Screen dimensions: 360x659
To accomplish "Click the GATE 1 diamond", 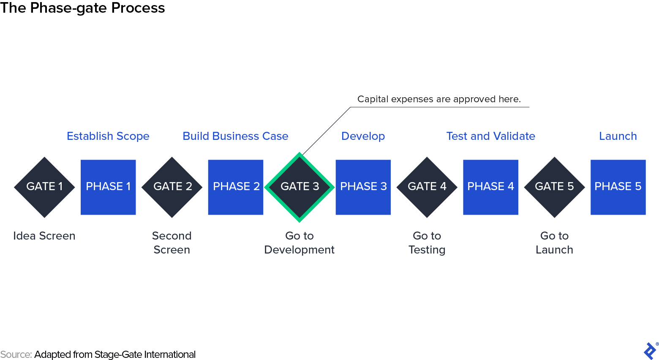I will click(44, 187).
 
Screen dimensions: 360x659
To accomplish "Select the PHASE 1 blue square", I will click(108, 187).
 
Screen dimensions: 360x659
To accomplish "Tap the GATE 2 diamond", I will click(172, 187).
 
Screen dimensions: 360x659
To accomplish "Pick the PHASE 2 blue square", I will click(236, 187).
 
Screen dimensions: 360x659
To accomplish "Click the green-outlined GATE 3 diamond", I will click(300, 187).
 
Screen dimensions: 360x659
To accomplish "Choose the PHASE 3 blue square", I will click(363, 187).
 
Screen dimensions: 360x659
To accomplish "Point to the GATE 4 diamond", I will click(427, 187).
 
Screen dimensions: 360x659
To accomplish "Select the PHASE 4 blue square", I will click(490, 187).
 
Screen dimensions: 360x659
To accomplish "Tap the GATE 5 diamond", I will click(554, 187).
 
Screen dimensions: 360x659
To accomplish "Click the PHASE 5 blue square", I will click(618, 187).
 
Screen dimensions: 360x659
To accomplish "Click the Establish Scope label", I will click(108, 136).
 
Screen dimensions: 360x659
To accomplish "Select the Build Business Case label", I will click(235, 136).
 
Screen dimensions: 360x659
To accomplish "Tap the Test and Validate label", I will click(490, 136).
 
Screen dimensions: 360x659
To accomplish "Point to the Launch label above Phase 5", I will click(618, 136).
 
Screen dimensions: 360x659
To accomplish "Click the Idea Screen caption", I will click(44, 236).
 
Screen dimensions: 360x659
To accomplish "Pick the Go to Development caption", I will click(299, 243).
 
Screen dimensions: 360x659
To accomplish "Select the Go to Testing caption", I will click(427, 243).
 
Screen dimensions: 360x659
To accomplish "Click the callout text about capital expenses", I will click(439, 99).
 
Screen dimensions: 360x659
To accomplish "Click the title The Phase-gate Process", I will click(82, 8).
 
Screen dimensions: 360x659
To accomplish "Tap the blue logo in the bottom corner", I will click(650, 351).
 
